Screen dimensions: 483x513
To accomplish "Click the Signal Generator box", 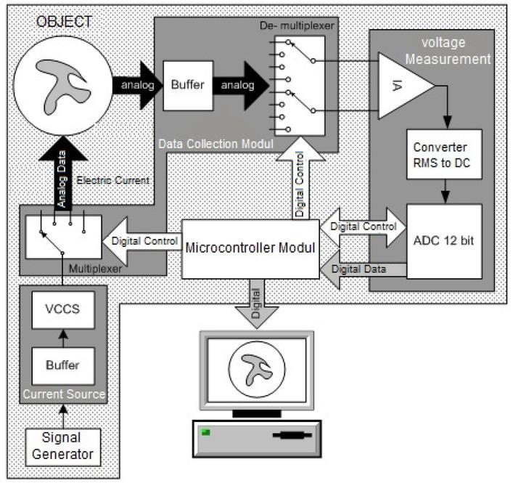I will click(62, 446).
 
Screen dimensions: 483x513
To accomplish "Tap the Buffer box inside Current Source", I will click(62, 365).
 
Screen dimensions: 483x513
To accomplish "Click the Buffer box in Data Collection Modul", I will click(188, 84).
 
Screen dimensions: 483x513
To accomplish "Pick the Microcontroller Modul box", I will click(250, 248).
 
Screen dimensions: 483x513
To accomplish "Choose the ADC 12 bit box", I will click(444, 240).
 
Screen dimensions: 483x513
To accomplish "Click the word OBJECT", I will click(65, 22).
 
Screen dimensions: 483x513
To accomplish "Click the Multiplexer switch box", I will click(62, 237).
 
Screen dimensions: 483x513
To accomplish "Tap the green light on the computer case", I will click(205, 433).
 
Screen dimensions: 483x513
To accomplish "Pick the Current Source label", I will click(62, 394).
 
